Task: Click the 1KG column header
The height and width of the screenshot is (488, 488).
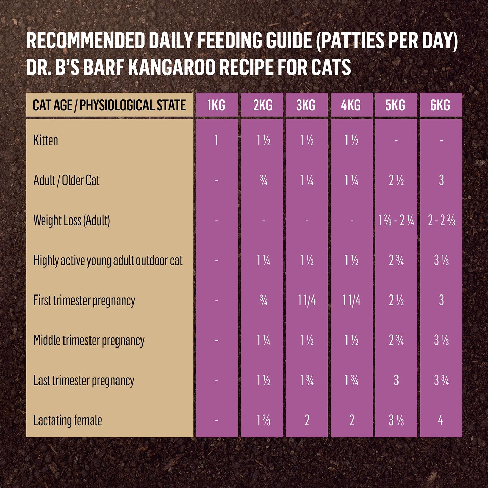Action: click(216, 105)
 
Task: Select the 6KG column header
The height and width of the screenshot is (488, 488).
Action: click(440, 105)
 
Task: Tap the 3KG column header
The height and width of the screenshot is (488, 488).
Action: click(306, 105)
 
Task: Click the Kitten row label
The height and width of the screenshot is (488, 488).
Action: click(46, 140)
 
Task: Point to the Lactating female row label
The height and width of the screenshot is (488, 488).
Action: click(68, 420)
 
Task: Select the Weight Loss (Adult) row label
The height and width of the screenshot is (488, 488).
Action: click(72, 221)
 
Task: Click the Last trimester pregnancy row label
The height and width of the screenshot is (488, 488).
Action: click(84, 381)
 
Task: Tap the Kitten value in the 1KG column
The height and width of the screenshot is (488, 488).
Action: click(216, 140)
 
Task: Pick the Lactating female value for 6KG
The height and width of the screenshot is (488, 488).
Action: click(440, 420)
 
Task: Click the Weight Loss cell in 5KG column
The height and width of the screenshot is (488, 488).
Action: click(396, 221)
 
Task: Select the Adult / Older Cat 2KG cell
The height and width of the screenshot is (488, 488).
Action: click(264, 181)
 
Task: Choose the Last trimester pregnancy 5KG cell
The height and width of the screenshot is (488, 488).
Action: click(396, 381)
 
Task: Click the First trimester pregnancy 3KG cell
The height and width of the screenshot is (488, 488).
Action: click(307, 301)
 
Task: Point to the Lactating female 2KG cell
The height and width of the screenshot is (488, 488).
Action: click(264, 420)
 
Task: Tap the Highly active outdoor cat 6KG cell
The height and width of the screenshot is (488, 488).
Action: click(441, 261)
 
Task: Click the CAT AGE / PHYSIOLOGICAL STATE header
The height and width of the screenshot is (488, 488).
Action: click(109, 105)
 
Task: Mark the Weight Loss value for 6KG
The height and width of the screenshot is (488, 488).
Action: click(441, 221)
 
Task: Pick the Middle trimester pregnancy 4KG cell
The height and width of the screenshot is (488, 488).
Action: click(352, 340)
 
